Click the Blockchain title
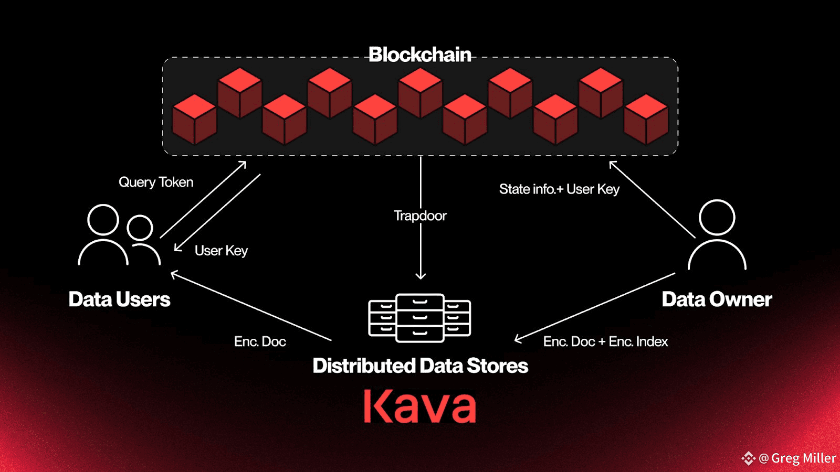point(419,55)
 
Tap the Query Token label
point(156,183)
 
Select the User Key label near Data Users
point(221,251)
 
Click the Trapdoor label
point(420,216)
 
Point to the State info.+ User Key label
point(559,189)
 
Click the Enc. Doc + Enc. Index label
point(606,341)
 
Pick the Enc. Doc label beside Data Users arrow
point(260,341)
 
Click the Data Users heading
point(119,299)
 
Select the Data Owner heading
point(717,299)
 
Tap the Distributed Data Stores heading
point(421,366)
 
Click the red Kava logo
point(419,406)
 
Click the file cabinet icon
point(419,318)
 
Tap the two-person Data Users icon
point(119,235)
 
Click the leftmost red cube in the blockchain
point(194,119)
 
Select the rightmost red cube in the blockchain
point(646,119)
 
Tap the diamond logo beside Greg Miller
point(749,458)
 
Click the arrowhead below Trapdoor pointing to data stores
point(421,276)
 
